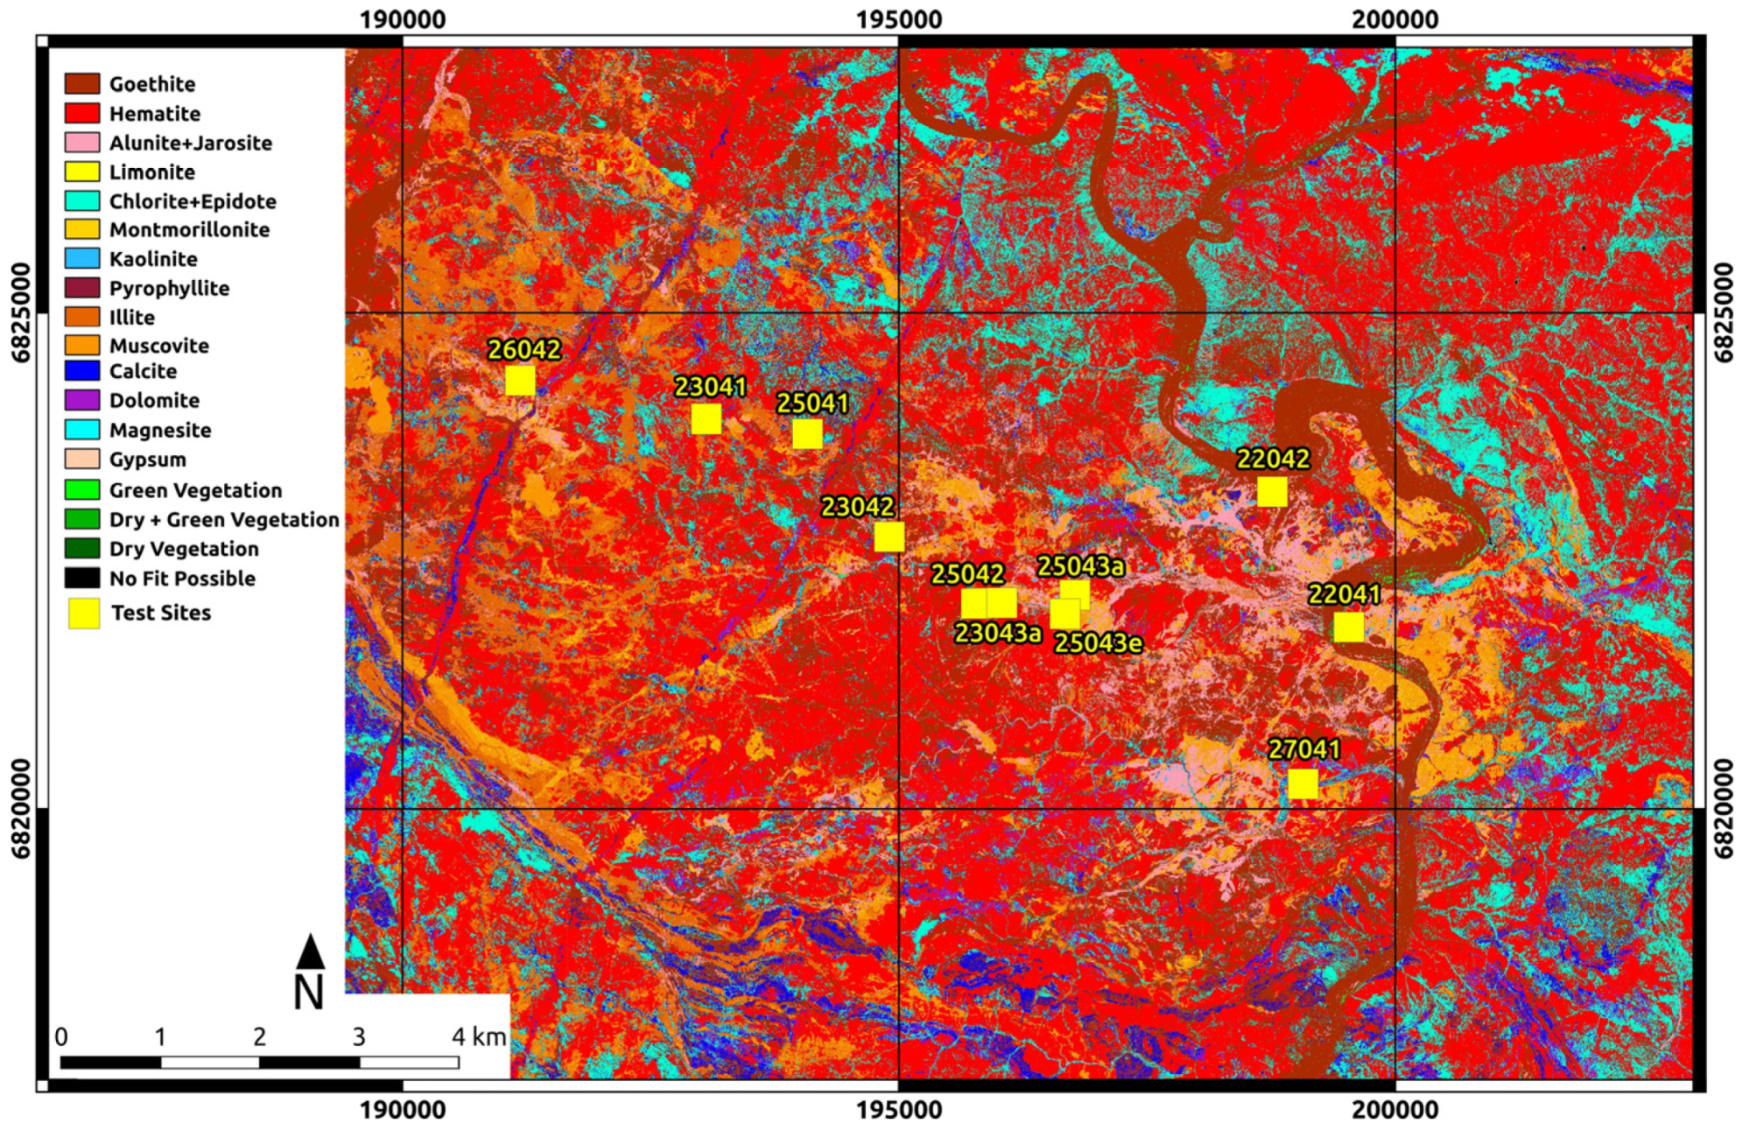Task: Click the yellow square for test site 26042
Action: (520, 381)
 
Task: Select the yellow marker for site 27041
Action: (1303, 783)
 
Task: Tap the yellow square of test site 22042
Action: (1272, 491)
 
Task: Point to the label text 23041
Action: (710, 386)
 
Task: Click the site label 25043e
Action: (1098, 643)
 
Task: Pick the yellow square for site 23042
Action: (889, 537)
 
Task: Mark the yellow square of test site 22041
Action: (1348, 627)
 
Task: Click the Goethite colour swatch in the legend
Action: (82, 84)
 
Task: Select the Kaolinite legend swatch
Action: (82, 258)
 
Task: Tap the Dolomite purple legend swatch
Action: (82, 400)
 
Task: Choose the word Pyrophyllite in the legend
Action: (169, 288)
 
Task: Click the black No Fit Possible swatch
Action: (82, 578)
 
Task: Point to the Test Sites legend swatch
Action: (84, 613)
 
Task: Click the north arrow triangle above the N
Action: (311, 951)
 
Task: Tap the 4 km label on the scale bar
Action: (479, 1037)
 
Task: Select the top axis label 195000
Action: (899, 19)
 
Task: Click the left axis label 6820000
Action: (21, 808)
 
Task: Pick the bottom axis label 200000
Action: (1395, 1110)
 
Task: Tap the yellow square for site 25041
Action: (807, 433)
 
